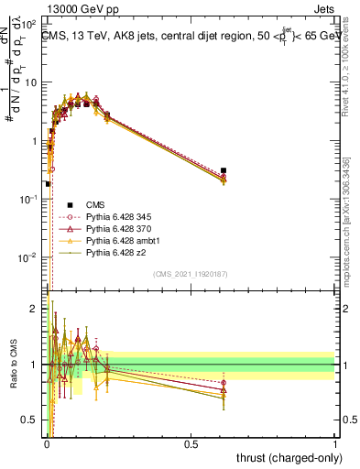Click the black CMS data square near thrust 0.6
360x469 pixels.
pyautogui.click(x=224, y=170)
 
